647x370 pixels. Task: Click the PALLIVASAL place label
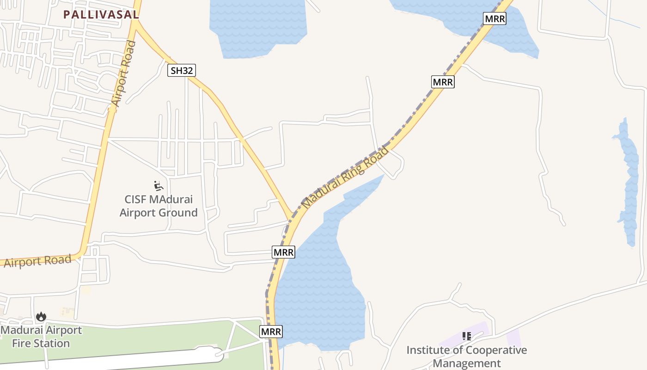101,14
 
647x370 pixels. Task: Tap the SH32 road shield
181,70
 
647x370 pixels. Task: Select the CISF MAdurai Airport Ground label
159,206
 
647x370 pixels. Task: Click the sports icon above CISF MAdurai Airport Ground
159,186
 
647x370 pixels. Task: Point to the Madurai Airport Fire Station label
41,337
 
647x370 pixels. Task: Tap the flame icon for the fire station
41,317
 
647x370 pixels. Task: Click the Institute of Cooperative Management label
466,357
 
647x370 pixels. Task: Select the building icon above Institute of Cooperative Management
466,336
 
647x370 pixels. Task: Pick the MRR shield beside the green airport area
271,332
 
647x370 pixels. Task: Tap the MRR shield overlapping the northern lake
494,18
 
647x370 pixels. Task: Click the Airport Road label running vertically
123,74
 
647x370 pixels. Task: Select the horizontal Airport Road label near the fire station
38,261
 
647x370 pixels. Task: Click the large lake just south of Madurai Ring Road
319,277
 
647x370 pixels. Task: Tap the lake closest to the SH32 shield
257,28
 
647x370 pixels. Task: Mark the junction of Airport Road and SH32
136,21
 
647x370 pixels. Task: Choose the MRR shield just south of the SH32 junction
283,252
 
